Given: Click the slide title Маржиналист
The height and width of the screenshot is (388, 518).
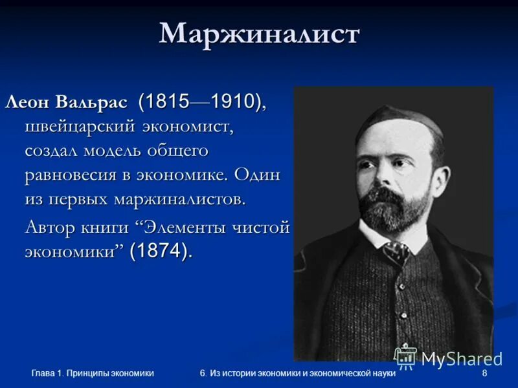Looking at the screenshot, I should point(259,34).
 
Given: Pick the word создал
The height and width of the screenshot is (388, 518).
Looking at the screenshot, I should point(53,151).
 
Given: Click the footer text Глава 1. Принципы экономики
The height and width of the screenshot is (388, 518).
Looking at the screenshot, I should point(93,374).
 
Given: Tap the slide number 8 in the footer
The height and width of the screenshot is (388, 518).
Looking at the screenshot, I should point(485,374).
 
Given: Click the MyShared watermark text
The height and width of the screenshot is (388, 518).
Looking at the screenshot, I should point(461,358).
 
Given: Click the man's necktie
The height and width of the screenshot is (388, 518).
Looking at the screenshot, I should point(396,249).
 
